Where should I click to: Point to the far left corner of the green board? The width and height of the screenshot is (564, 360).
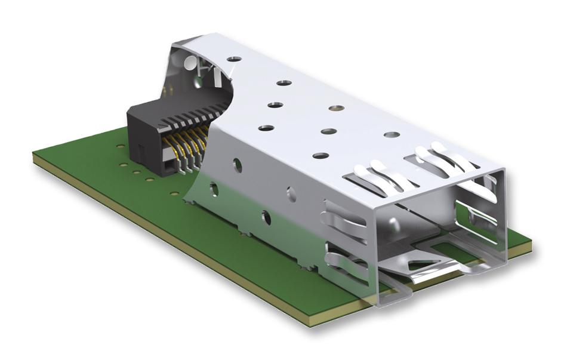(x=34, y=153)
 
